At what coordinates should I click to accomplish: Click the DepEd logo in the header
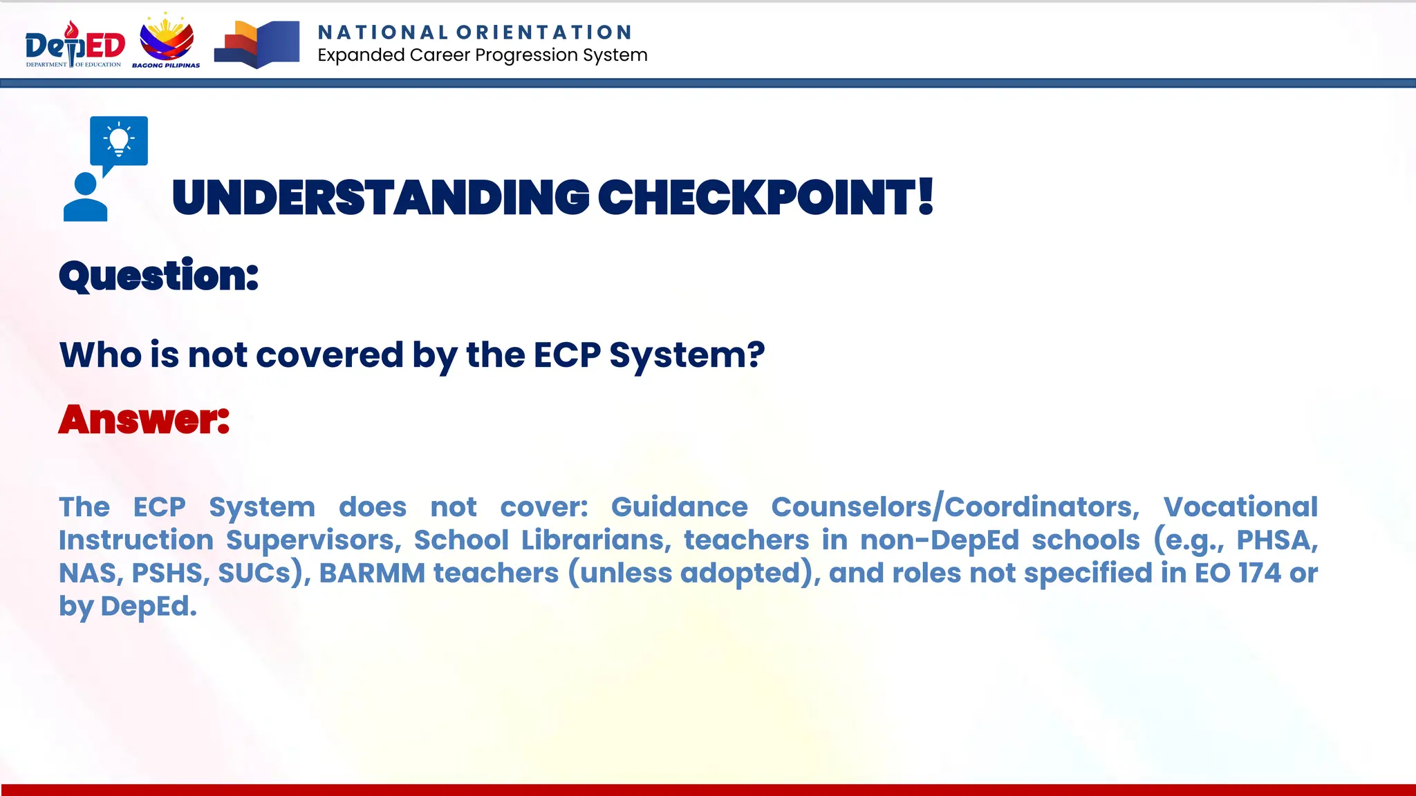75,45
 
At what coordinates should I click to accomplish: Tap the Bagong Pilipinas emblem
167,41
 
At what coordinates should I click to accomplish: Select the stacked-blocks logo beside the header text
257,44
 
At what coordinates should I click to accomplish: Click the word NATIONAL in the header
383,32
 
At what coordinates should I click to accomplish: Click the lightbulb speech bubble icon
119,141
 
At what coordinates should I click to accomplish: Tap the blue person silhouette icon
86,198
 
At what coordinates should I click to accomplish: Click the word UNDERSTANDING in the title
380,198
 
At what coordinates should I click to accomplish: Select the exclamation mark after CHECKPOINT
926,197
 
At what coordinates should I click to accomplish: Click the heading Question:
158,276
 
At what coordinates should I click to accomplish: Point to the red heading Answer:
144,419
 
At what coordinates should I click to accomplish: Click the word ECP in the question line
568,355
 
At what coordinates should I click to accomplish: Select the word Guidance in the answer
679,507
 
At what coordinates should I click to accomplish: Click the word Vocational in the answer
1240,507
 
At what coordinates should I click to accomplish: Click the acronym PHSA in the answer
1276,540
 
